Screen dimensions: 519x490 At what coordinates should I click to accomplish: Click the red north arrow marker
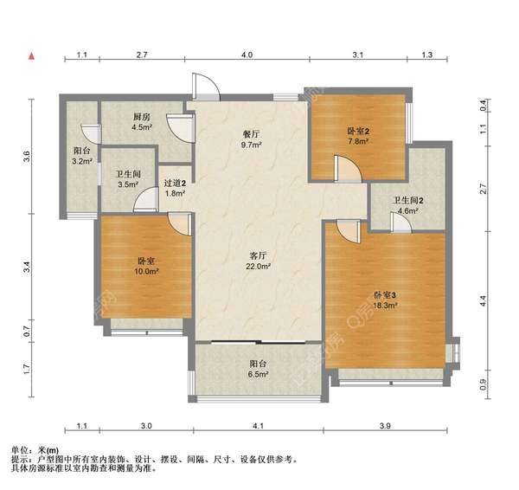(32, 56)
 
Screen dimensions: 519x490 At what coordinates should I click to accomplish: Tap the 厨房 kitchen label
(142, 121)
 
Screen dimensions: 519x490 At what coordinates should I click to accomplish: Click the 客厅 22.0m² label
(258, 261)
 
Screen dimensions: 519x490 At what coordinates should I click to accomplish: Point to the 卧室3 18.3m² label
(385, 300)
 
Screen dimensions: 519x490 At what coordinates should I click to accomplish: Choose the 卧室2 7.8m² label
(358, 136)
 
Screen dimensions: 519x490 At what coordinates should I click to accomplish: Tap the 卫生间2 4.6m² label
(407, 205)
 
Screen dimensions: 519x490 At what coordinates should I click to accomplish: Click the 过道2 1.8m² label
(175, 188)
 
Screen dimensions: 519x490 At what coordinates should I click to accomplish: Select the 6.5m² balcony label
(259, 369)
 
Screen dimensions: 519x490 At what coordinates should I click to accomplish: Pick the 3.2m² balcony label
(82, 156)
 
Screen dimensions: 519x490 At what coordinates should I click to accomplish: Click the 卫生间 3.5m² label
(128, 179)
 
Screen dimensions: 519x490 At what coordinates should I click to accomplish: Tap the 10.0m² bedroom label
(146, 267)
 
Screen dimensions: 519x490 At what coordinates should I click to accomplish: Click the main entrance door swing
(206, 87)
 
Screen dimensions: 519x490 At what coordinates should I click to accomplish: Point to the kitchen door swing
(180, 128)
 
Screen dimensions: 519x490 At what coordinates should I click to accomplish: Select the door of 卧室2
(348, 169)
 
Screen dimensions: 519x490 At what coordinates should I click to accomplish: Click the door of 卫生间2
(400, 222)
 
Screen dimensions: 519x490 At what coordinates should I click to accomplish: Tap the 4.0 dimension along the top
(247, 55)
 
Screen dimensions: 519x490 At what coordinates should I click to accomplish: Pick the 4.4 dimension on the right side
(483, 300)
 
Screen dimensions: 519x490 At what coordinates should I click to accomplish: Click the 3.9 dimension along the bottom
(385, 426)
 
